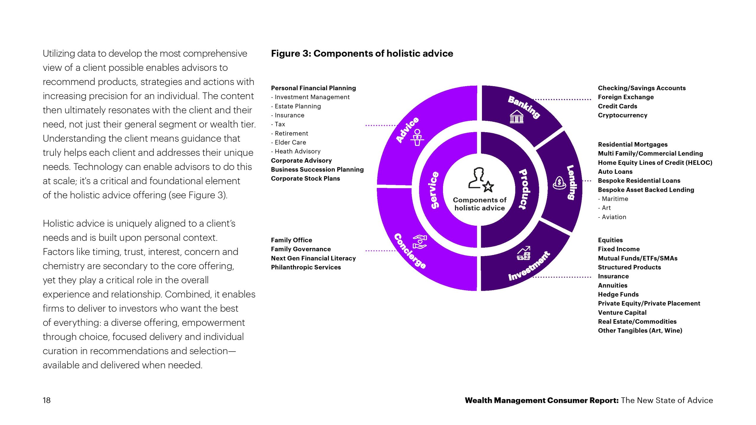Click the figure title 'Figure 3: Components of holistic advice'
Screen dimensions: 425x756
[362, 53]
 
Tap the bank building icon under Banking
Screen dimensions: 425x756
[517, 117]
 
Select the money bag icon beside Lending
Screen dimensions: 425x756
[559, 183]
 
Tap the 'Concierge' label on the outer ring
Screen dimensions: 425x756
[410, 251]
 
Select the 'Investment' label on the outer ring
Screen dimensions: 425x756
[529, 267]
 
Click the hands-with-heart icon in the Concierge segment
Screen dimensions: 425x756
[420, 242]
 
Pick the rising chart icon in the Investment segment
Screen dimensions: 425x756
[524, 253]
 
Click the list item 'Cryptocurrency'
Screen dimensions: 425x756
[623, 115]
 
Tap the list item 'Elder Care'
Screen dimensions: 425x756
[290, 142]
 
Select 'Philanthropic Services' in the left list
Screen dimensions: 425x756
[306, 267]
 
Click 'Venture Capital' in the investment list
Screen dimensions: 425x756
[622, 312]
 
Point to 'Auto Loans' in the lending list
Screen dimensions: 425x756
[615, 171]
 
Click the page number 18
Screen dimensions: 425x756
[47, 400]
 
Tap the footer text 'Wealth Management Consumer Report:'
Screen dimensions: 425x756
[541, 400]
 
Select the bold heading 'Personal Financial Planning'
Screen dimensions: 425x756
[313, 88]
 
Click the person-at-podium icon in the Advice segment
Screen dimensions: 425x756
[417, 138]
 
